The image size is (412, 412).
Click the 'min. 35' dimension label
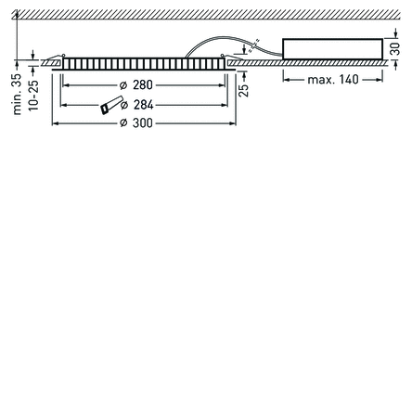pos(18,94)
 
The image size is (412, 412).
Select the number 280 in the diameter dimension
pos(143,84)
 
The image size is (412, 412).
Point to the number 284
pos(144,105)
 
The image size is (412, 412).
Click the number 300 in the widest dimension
pos(143,123)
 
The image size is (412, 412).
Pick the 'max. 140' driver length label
pos(333,80)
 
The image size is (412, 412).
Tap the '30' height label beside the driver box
pos(395,49)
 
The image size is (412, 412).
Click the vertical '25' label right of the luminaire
pos(244,90)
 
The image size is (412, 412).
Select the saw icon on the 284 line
pos(111,105)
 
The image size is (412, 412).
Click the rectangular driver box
pos(333,49)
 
